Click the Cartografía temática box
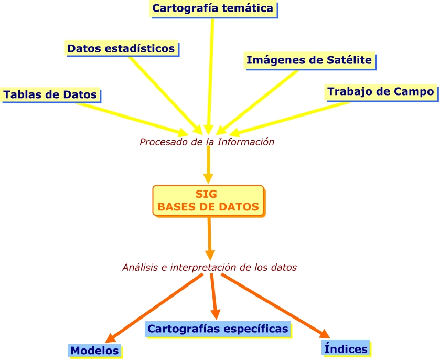pyautogui.click(x=213, y=8)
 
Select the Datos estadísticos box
pyautogui.click(x=121, y=48)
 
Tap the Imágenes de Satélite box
pyautogui.click(x=309, y=60)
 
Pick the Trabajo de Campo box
pyautogui.click(x=381, y=92)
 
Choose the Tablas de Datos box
pyautogui.click(x=50, y=94)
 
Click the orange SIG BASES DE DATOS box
pyautogui.click(x=208, y=200)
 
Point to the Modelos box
pyautogui.click(x=95, y=351)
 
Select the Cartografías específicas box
pyautogui.click(x=218, y=329)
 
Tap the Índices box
pyautogui.click(x=346, y=347)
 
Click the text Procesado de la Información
pyautogui.click(x=207, y=142)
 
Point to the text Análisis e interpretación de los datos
pyautogui.click(x=209, y=267)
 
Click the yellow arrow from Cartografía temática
pyautogui.click(x=211, y=73)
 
